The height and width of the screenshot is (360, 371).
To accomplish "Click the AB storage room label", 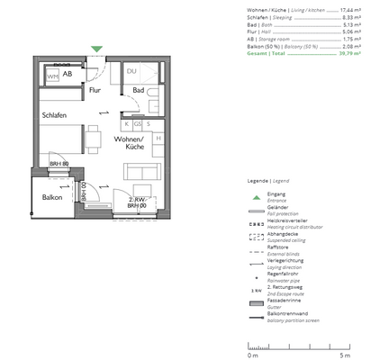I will click(67, 74).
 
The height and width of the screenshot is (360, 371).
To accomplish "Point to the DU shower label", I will click(131, 72).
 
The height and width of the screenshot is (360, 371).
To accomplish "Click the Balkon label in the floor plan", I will click(51, 197).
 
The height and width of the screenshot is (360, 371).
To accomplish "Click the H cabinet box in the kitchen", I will click(158, 139).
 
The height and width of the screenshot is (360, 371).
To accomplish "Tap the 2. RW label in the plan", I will click(137, 199).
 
